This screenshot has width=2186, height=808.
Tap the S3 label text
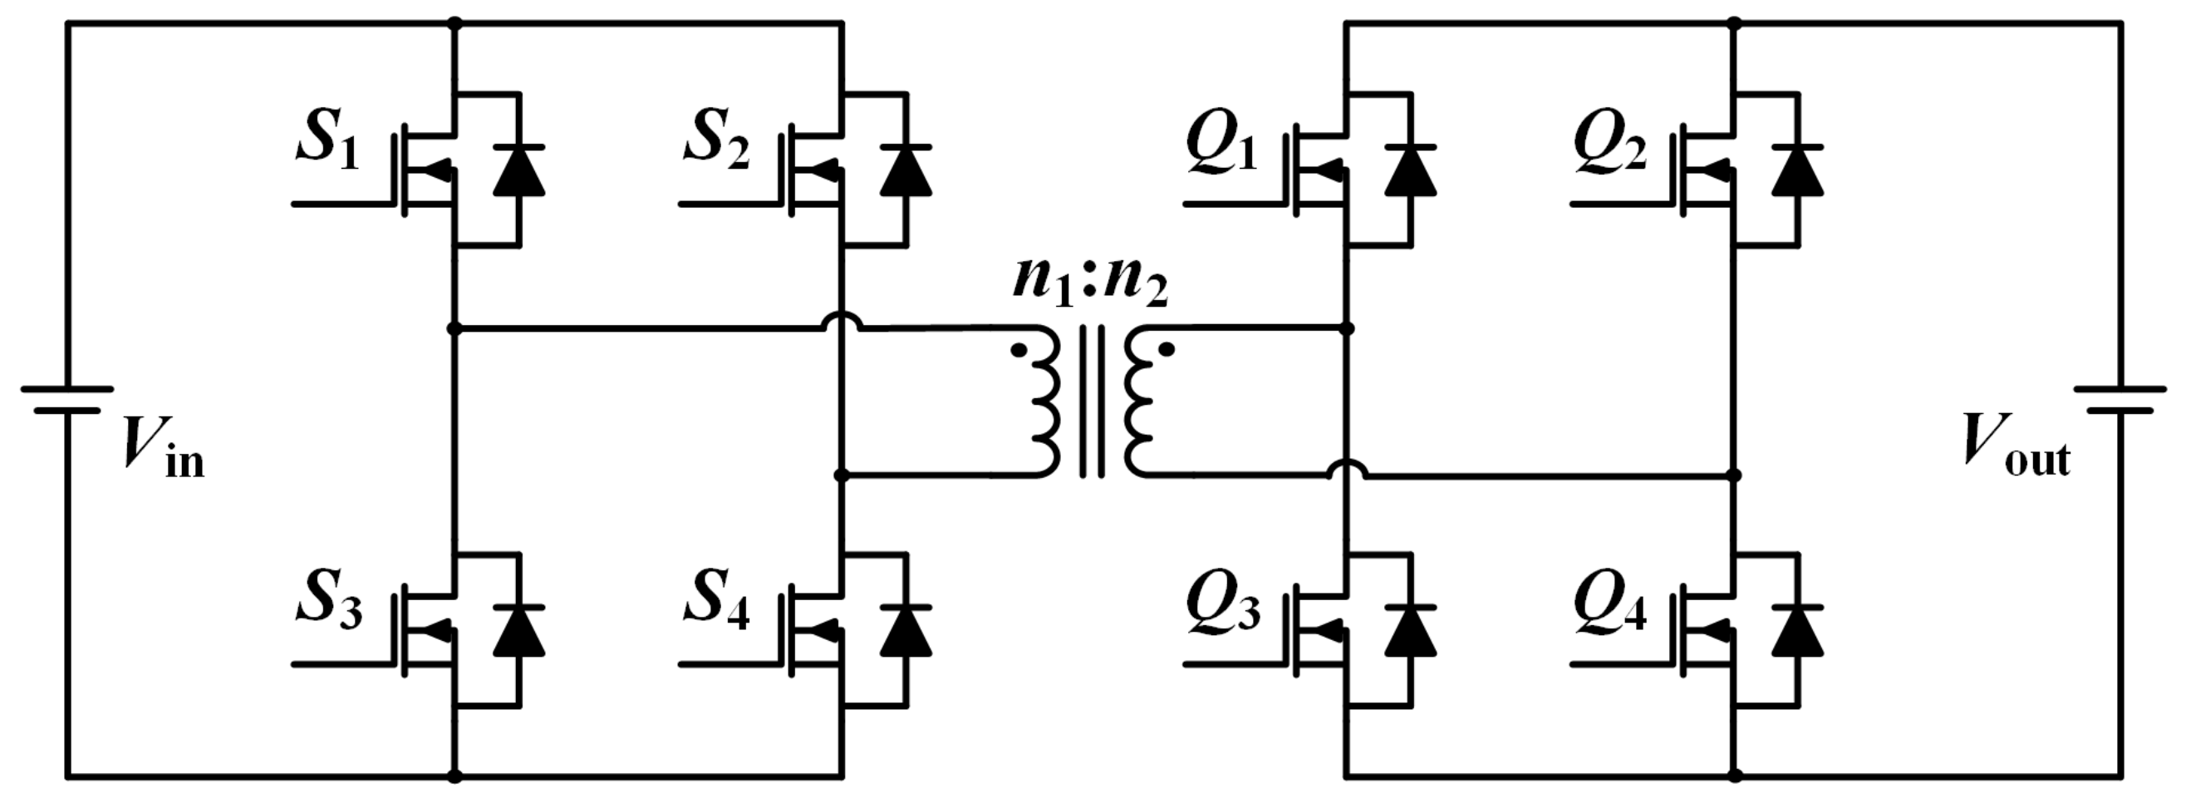[328, 604]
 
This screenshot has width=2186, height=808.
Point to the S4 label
[716, 604]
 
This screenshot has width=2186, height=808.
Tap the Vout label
[2017, 445]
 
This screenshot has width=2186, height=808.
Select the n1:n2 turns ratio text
[1089, 284]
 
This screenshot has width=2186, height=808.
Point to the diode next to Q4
[1797, 633]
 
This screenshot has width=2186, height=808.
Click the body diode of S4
[906, 633]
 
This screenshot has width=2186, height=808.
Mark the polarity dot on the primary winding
[1019, 349]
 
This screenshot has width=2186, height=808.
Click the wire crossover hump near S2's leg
[842, 321]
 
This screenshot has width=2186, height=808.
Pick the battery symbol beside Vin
[67, 400]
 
